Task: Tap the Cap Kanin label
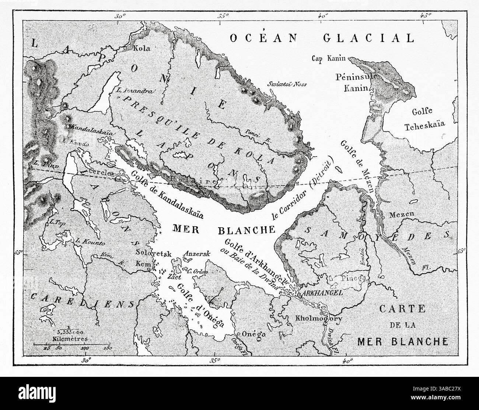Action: point(328,58)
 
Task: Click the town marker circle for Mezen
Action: point(383,217)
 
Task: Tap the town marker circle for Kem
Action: point(149,270)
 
